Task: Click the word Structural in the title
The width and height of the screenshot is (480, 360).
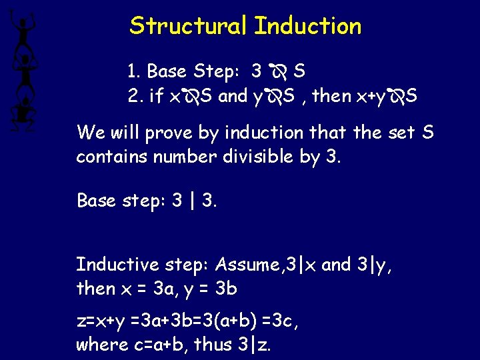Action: [189, 26]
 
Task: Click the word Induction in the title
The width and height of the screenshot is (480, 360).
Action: [308, 26]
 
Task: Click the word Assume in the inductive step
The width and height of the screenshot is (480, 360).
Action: [246, 265]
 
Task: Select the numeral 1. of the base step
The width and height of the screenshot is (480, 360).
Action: [133, 71]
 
